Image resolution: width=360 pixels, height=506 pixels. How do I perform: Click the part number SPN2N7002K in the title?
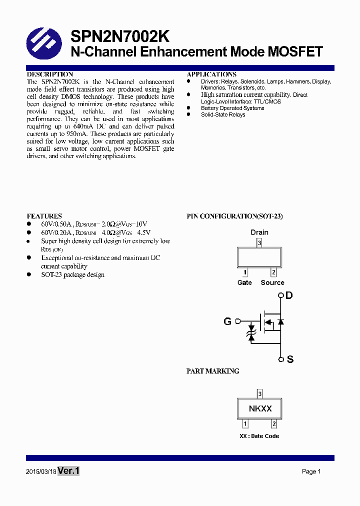(120, 36)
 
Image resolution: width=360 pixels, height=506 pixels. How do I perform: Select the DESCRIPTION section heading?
(50, 74)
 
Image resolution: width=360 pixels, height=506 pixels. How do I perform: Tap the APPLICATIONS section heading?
(211, 74)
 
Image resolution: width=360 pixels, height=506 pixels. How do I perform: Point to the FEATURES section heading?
(44, 216)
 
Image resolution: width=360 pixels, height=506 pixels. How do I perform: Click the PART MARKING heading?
(212, 371)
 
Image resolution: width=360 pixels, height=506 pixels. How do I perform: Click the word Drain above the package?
(259, 232)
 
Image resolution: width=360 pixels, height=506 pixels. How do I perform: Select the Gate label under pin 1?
(244, 282)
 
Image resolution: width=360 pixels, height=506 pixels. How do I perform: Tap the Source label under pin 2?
(272, 282)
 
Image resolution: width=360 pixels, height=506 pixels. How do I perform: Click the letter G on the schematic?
(227, 321)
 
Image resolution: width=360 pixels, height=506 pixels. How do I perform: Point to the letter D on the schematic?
(289, 295)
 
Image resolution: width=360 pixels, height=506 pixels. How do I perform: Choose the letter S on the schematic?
(290, 359)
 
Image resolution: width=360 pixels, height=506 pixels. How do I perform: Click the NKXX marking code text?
(260, 408)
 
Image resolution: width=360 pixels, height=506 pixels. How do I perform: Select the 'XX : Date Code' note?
(259, 436)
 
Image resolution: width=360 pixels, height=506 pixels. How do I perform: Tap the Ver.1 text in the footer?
(68, 471)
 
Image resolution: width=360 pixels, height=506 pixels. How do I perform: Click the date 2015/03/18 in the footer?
(41, 471)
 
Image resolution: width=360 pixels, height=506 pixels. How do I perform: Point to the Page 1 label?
(311, 471)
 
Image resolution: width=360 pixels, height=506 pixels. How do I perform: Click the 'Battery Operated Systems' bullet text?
(232, 108)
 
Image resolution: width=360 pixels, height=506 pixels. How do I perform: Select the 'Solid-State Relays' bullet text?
(223, 114)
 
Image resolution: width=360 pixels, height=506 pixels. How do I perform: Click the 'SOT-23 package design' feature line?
(72, 274)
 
